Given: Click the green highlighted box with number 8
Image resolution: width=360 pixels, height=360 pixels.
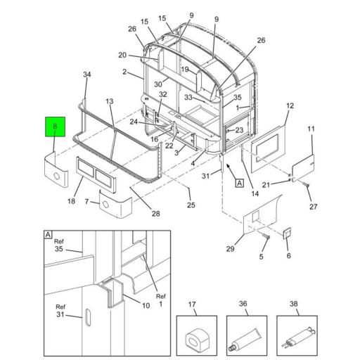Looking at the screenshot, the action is point(55,127).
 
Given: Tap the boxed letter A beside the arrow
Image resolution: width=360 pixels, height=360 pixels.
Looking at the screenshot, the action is point(239,183).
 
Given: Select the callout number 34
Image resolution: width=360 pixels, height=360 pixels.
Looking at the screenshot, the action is point(87,75).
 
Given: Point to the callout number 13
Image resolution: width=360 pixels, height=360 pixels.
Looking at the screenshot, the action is point(110,101).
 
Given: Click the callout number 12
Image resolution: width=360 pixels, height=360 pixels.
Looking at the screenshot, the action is point(290,105).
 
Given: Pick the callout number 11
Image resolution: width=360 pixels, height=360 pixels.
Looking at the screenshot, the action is point(311,129).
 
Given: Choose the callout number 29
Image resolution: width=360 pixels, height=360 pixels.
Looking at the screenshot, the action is point(230,249).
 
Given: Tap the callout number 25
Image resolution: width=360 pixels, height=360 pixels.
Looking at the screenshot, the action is point(191,205).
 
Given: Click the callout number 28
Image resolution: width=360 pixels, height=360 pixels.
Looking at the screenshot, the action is point(156,214).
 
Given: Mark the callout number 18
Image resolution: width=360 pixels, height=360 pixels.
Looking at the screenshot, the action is point(71,201).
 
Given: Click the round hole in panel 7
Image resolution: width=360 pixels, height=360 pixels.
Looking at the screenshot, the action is point(105,205).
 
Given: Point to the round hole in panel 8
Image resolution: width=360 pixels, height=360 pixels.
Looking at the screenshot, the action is point(57,176).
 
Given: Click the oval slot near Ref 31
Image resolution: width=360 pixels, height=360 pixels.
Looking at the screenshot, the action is point(88,317).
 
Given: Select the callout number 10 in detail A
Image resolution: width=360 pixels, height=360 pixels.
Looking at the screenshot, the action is point(146,306).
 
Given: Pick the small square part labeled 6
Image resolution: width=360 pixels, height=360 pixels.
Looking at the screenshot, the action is point(287,233).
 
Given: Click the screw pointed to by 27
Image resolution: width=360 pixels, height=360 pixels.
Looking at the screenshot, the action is point(307,185).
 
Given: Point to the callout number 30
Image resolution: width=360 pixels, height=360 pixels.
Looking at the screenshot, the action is point(158,84).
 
